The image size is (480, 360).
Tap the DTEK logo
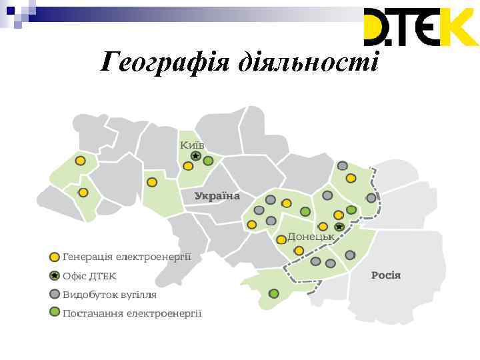tap(420, 27)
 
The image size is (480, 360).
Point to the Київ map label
tap(192, 145)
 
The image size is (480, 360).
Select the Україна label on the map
tap(217, 196)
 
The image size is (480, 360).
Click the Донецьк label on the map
tap(311, 236)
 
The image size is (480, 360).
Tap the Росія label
tap(386, 275)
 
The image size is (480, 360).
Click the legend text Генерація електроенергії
tap(127, 256)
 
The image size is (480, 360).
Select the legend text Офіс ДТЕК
tap(89, 275)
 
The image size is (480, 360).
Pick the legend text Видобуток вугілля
tap(109, 294)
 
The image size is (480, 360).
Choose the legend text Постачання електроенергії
tap(132, 313)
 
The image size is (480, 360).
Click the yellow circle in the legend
tap(55, 257)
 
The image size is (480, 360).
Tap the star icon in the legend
tap(55, 275)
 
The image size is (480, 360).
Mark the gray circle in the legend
tap(55, 294)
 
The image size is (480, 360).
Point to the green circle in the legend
tap(55, 312)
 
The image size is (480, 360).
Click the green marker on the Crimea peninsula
tap(274, 293)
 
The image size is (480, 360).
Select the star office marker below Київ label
tap(195, 156)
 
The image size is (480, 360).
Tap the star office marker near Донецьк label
tap(339, 227)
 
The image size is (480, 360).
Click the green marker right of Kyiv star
tap(208, 161)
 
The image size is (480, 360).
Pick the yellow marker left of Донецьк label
tap(281, 238)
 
